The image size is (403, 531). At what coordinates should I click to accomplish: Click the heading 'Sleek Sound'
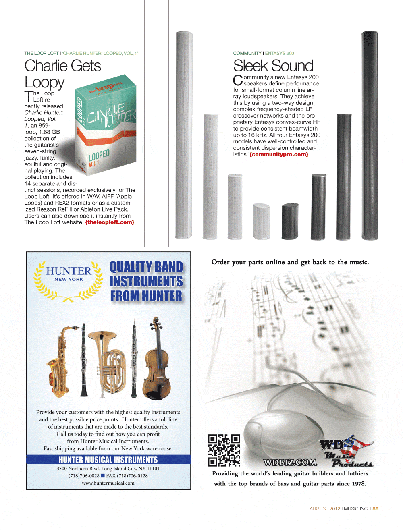273,66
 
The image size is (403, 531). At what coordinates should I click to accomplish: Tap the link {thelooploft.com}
110,222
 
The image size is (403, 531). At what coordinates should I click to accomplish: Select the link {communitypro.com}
279,154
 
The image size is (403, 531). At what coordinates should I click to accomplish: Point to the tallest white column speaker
184,135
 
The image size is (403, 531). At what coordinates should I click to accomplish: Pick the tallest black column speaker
369,135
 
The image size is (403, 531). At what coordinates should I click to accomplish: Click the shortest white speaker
261,221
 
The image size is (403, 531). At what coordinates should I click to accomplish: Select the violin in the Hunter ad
157,359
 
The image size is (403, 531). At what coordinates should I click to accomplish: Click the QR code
224,450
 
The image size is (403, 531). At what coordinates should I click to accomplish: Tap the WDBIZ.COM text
290,463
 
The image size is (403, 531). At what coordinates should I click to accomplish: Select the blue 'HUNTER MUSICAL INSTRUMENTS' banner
108,460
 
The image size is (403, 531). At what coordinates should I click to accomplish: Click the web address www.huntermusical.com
108,483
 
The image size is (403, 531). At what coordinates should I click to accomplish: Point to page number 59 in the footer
376,509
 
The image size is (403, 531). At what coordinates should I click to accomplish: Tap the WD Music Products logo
347,451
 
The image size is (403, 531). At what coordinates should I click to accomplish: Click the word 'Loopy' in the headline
44,82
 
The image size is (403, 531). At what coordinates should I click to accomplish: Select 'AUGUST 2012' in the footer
324,509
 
